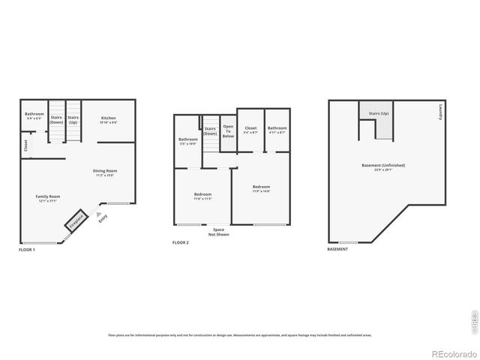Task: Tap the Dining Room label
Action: coord(105,172)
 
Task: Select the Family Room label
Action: coord(48,198)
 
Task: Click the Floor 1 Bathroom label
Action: coord(34,116)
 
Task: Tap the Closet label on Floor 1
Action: coord(25,145)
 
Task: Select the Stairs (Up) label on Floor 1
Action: coord(73,119)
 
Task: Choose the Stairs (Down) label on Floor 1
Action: coord(56,119)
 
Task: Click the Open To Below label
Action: coord(228,131)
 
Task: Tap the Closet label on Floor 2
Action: coord(250,130)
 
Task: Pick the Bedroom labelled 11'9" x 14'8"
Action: coord(261,188)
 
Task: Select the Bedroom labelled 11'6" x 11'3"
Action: coord(202,196)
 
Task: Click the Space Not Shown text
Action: coord(218,232)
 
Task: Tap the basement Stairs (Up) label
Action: coord(379,113)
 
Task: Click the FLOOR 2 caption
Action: coord(180,243)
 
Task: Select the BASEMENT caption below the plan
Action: coord(337,249)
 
